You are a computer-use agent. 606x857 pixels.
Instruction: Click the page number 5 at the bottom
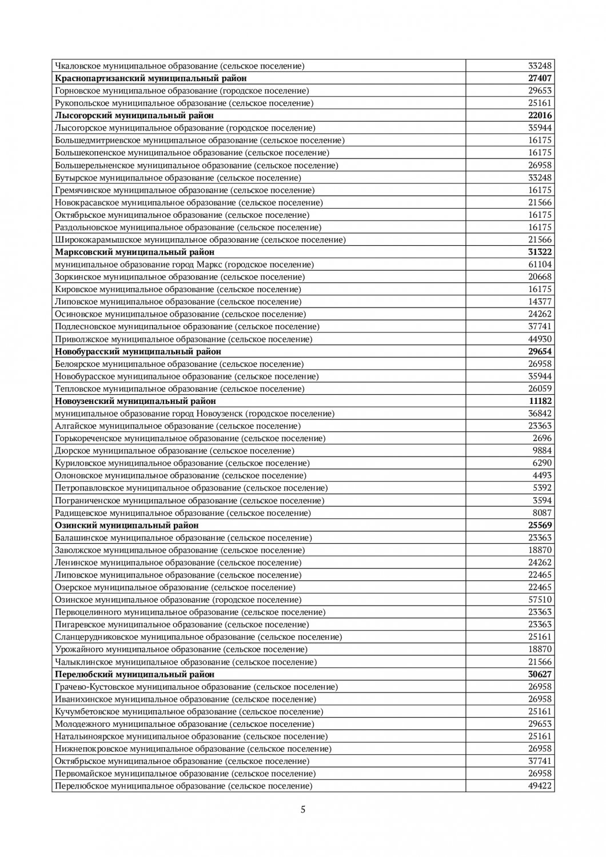[x=303, y=809]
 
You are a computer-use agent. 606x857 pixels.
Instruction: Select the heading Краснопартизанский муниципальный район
[x=151, y=78]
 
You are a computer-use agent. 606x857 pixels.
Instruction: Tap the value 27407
[x=540, y=78]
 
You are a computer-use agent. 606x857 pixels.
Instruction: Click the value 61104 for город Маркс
[x=540, y=265]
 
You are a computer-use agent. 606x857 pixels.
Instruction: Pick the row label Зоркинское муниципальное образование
[x=180, y=277]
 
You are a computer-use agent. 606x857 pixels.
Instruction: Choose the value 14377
[x=540, y=302]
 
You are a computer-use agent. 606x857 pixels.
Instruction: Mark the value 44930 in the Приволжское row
[x=540, y=339]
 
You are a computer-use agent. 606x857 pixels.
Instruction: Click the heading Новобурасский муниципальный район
[x=138, y=351]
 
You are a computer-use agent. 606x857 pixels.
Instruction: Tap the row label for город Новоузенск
[x=194, y=414]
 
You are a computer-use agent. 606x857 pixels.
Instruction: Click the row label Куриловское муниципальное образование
[x=182, y=463]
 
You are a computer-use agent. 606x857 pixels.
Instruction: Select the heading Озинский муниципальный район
[x=127, y=525]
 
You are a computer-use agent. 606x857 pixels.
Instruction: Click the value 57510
[x=540, y=600]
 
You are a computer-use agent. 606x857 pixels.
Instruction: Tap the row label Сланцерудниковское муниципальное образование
[x=198, y=637]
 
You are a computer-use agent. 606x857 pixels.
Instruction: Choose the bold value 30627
[x=540, y=674]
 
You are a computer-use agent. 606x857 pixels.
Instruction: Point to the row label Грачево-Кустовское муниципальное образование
[x=196, y=687]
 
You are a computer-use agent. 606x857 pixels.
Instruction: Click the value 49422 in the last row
[x=540, y=786]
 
